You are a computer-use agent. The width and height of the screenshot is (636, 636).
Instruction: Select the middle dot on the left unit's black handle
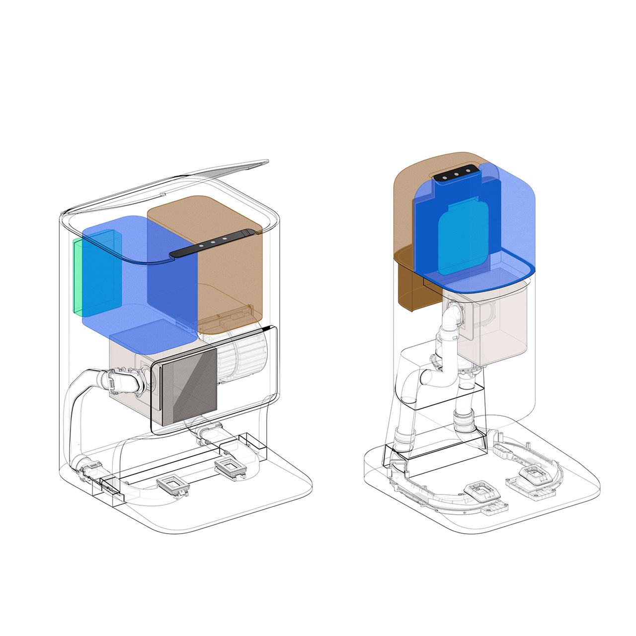pos(213,242)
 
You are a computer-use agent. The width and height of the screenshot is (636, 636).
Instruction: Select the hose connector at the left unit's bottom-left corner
pos(89,470)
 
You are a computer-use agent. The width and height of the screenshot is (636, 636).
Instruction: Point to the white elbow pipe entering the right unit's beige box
pos(452,318)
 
